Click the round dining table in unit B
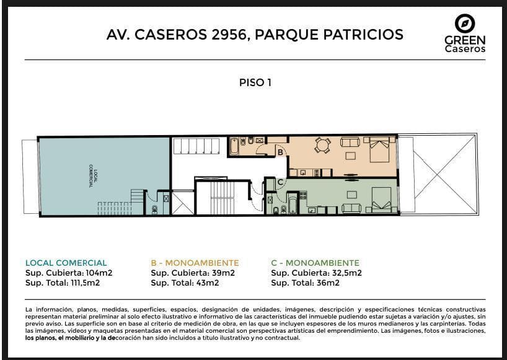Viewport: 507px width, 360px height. [x=323, y=145]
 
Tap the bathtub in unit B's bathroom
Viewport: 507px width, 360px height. [x=234, y=146]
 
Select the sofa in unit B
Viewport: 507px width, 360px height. [x=350, y=142]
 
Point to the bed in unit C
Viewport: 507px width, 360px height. [x=381, y=200]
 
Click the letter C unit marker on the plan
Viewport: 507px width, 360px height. [x=280, y=182]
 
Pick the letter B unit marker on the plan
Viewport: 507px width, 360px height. [x=280, y=152]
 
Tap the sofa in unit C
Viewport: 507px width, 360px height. [x=352, y=208]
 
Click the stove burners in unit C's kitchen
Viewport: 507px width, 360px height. [x=303, y=195]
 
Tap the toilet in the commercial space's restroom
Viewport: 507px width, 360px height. [x=154, y=209]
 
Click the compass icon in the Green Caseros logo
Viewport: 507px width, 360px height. [x=465, y=24]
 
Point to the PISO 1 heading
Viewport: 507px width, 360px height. [x=255, y=82]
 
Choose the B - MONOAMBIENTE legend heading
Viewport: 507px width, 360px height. [x=195, y=263]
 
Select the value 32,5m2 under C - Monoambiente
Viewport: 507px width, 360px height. [x=346, y=273]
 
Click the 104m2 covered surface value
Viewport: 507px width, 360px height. [x=99, y=273]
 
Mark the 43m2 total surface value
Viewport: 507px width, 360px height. [x=207, y=283]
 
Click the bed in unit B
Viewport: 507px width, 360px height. [x=379, y=149]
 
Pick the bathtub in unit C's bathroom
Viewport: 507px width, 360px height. [x=293, y=204]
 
